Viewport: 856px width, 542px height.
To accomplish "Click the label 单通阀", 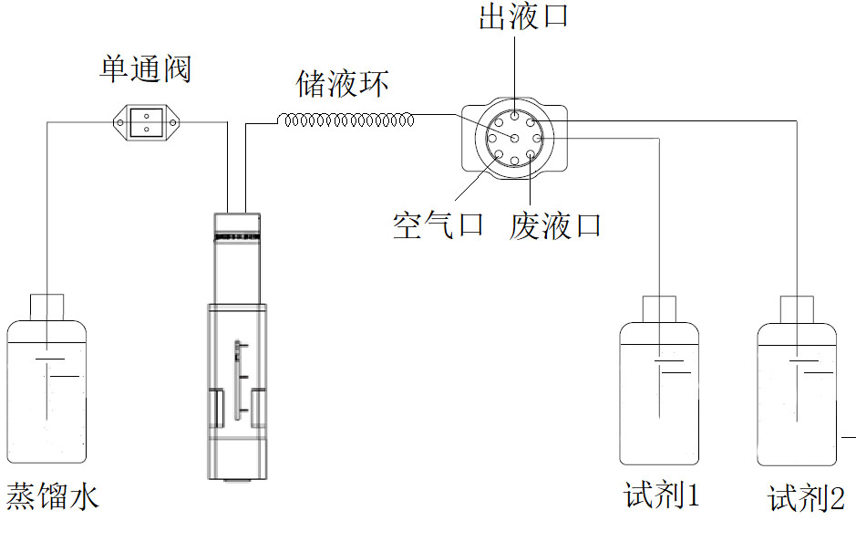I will point(145,69).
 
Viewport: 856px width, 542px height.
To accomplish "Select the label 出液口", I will point(522,16).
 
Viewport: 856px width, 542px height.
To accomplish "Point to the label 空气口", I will point(438,224).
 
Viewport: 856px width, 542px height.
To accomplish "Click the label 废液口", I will point(555,225).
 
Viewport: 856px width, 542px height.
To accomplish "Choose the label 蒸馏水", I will point(52,497).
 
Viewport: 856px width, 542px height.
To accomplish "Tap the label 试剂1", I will point(662,496).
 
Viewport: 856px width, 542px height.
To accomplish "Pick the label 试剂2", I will point(806,498).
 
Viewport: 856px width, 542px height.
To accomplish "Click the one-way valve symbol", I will point(146,121).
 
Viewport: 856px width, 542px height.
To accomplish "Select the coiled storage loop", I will point(346,120).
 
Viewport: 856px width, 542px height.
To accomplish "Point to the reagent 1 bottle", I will point(659,392).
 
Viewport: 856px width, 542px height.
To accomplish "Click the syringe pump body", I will point(237,383).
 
